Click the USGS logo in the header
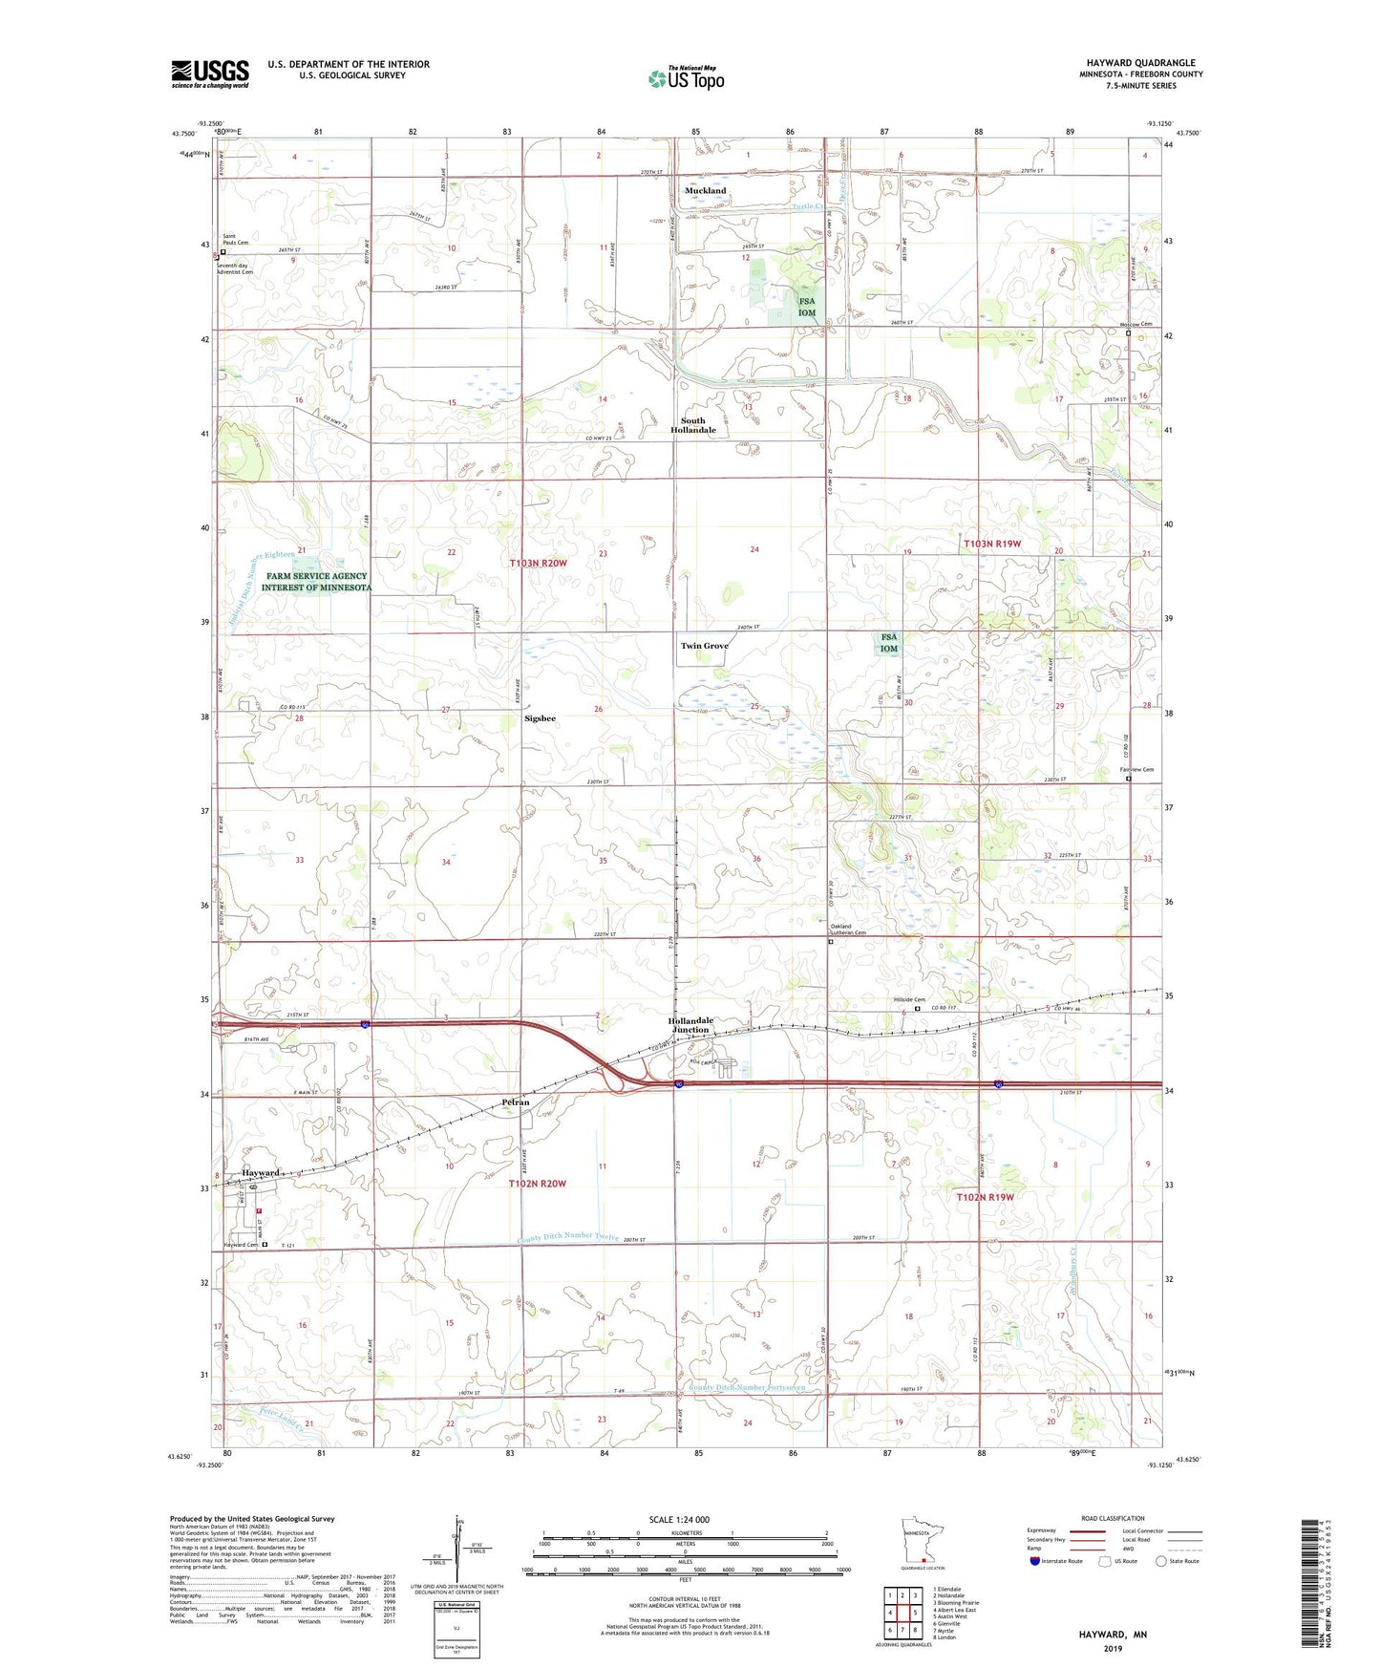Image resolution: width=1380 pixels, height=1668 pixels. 210,74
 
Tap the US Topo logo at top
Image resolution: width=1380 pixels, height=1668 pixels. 686,78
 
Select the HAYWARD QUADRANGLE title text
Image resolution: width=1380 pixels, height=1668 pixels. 1140,63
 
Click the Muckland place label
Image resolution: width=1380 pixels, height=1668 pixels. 705,191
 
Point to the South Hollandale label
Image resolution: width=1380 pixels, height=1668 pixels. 692,426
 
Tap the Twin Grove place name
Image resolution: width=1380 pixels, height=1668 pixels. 704,646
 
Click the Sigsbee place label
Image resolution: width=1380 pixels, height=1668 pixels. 540,718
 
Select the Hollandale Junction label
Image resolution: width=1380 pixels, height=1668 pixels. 690,1025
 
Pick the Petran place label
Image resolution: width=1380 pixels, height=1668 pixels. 516,1102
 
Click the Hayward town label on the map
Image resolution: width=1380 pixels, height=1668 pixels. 260,1172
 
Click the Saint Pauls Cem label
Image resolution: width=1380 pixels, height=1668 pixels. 235,240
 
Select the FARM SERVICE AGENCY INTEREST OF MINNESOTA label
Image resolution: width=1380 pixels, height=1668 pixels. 316,582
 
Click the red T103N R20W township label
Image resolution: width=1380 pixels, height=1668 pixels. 538,564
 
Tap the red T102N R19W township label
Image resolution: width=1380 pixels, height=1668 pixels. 985,1197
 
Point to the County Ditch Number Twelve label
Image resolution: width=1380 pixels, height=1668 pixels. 568,1238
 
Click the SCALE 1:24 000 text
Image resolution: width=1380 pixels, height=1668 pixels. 679,1520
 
